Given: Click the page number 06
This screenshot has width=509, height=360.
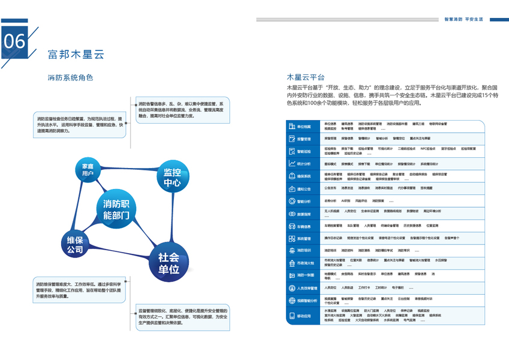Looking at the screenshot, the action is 15,41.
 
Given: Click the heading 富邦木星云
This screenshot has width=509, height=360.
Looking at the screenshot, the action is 76,55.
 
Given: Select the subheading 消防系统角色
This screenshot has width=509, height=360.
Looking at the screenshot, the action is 70,77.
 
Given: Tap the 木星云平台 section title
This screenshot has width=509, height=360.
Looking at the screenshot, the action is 306,77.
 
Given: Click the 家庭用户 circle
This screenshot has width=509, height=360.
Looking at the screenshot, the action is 89,170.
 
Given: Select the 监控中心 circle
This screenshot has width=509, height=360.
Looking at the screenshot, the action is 172,178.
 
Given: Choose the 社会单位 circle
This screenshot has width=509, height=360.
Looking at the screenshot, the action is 168,263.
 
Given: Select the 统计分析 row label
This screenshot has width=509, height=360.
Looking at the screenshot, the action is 305,164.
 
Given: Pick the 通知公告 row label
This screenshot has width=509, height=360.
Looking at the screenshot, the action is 305,189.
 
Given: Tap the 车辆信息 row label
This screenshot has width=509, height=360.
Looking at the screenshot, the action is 305,227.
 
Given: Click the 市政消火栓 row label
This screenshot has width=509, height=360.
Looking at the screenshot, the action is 306,263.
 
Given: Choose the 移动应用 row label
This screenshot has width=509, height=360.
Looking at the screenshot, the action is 305,316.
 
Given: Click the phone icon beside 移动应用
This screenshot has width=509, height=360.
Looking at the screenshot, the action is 292,316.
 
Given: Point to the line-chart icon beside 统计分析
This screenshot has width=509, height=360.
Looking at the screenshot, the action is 292,164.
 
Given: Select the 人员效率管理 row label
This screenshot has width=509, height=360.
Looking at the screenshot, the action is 308,288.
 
